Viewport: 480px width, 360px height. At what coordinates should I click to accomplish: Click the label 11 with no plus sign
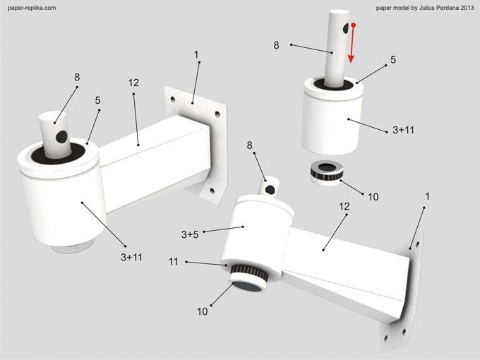point(174,262)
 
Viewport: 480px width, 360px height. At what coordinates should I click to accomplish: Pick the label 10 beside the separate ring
point(373,196)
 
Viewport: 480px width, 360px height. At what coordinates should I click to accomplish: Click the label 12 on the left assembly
point(133,83)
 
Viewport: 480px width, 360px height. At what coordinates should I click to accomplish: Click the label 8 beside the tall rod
point(277,44)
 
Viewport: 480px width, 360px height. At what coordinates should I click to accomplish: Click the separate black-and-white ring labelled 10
point(325,173)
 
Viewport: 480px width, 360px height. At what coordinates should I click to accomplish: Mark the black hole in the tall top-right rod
point(344,29)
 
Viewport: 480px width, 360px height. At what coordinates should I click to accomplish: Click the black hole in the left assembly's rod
point(61,134)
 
